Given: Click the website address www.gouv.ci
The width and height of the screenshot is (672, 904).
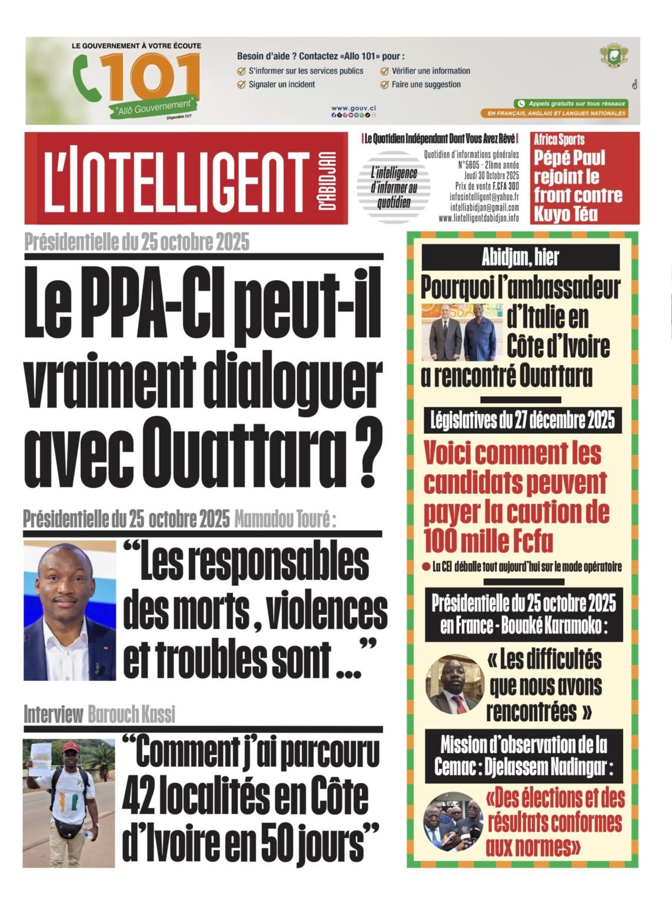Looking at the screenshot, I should tap(353, 108).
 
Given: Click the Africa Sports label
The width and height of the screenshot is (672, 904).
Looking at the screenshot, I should tap(559, 140).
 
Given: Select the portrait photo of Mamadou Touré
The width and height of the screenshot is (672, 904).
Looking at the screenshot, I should tap(69, 611).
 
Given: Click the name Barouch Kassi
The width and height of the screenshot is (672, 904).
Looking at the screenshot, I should tap(131, 714).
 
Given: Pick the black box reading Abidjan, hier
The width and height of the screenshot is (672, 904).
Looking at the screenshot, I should tap(520, 257).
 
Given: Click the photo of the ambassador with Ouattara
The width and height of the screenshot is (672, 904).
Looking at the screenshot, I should tap(463, 332).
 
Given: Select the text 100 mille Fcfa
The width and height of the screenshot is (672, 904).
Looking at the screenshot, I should tap(488, 541).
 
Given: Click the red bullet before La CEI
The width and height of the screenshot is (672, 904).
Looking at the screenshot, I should tap(425, 567).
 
